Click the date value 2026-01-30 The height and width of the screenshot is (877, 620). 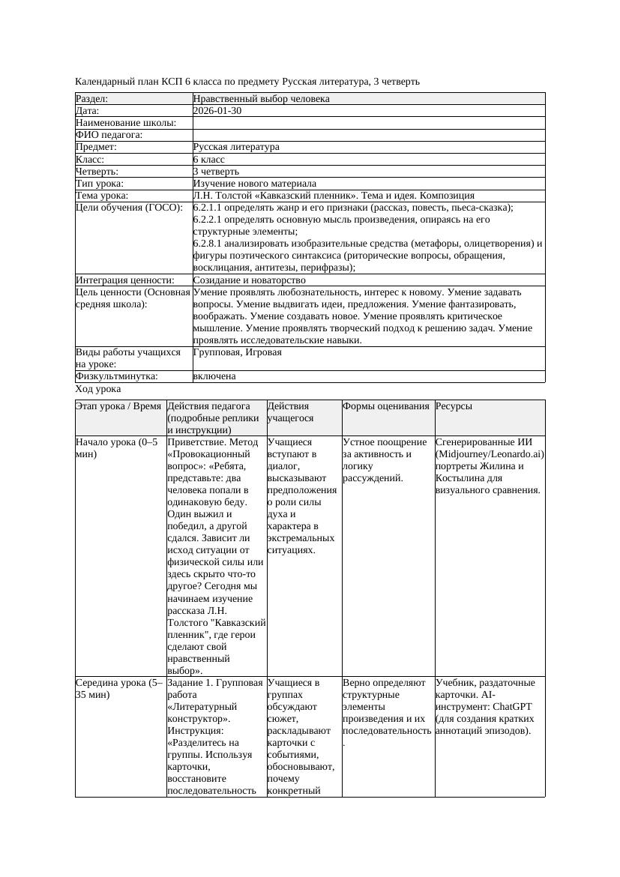[x=217, y=111]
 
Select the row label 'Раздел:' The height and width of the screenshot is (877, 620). [x=92, y=99]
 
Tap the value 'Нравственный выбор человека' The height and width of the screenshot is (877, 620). [x=261, y=99]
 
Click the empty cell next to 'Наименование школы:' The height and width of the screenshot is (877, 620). [x=368, y=123]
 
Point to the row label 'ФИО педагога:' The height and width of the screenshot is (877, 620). [x=109, y=135]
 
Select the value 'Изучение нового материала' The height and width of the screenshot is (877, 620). [x=254, y=184]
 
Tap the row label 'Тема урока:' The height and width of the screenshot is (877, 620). [x=102, y=196]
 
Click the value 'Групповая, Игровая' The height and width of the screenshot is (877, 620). [x=237, y=352]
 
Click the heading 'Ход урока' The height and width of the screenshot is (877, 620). [x=98, y=389]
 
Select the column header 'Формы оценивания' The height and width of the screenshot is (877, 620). [x=386, y=406]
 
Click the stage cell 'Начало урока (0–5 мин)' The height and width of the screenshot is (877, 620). [x=117, y=448]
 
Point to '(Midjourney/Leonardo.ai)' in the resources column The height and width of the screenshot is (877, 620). [x=490, y=454]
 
